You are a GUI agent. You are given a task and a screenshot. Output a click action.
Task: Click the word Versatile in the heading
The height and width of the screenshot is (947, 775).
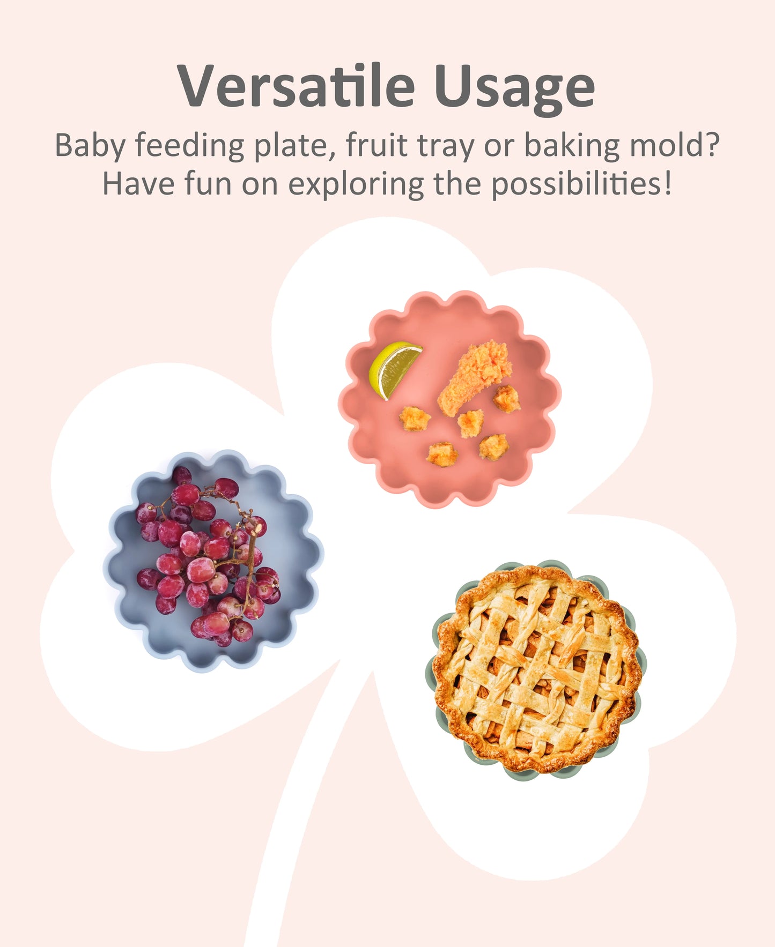point(296,86)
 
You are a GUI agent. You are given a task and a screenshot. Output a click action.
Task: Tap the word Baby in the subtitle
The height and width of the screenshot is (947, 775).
point(90,146)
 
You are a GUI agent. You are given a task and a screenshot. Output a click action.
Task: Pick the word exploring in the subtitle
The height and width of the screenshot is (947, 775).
point(356,184)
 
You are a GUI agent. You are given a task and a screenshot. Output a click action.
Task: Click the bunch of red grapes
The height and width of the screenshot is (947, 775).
point(209,557)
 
